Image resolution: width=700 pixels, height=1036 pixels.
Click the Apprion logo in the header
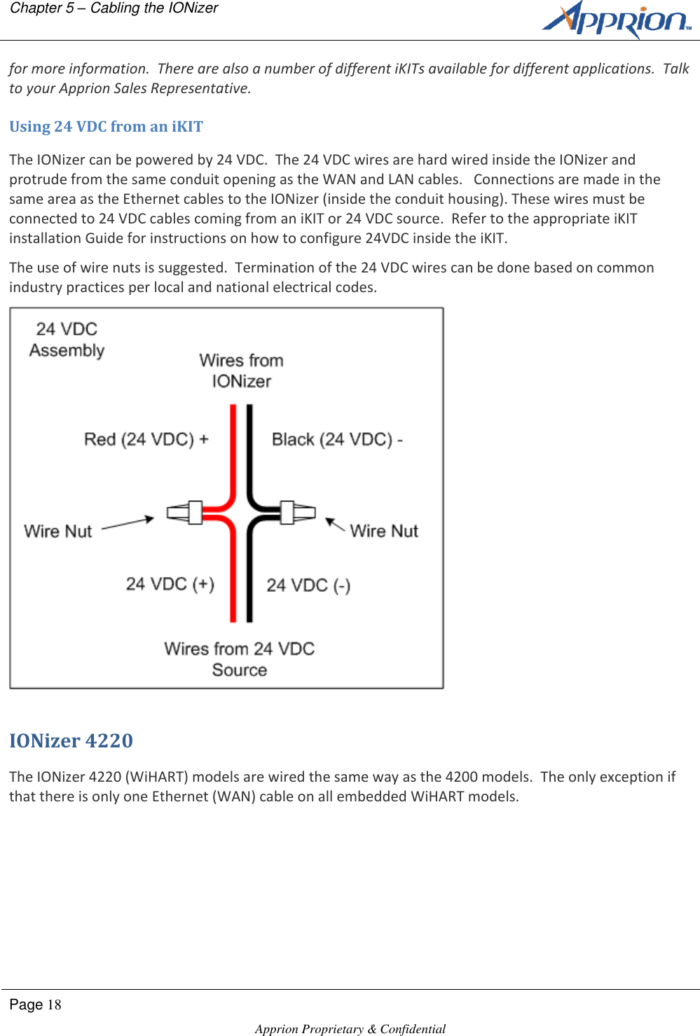(x=616, y=20)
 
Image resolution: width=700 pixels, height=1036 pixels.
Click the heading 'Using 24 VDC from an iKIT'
(x=106, y=127)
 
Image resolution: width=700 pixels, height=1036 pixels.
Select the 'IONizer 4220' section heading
(x=71, y=740)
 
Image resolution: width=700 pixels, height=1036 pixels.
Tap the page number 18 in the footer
(x=54, y=1005)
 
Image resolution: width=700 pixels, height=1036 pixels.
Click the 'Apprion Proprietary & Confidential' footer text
(x=350, y=1028)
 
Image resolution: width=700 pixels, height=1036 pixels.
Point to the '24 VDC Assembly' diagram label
(x=67, y=340)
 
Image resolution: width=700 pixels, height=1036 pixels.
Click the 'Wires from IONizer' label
(x=241, y=371)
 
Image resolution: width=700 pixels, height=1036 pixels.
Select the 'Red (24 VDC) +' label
(x=146, y=439)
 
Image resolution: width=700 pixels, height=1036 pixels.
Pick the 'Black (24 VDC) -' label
(x=337, y=439)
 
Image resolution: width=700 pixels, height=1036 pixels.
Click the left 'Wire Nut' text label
(x=58, y=531)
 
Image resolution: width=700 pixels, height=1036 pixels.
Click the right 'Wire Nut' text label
(x=384, y=531)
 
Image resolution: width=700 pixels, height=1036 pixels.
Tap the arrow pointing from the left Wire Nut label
(x=128, y=523)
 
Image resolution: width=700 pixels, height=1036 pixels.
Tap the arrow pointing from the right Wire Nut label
(x=335, y=525)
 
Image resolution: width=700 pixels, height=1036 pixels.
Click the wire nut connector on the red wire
(x=186, y=513)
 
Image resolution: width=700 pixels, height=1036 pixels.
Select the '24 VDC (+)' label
(x=170, y=584)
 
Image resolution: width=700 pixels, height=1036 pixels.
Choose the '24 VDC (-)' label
(x=308, y=586)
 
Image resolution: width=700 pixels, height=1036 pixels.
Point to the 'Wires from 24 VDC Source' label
(x=240, y=659)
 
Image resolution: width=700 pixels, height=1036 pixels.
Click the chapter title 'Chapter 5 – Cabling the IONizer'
(x=114, y=8)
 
